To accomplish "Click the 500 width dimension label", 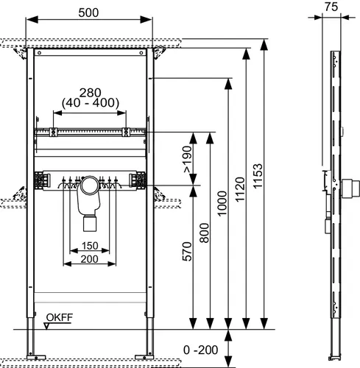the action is tap(88, 13).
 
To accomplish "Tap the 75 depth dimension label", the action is tap(331, 7).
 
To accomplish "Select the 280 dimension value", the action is tap(90, 93).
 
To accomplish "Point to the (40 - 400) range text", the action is tap(91, 103).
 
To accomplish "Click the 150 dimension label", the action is tap(90, 246).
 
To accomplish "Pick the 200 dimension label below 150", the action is tap(90, 259).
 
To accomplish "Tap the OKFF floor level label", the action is tap(60, 317).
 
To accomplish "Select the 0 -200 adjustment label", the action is tap(200, 350).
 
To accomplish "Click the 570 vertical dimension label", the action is tap(187, 252).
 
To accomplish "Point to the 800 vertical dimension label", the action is tap(204, 233).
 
